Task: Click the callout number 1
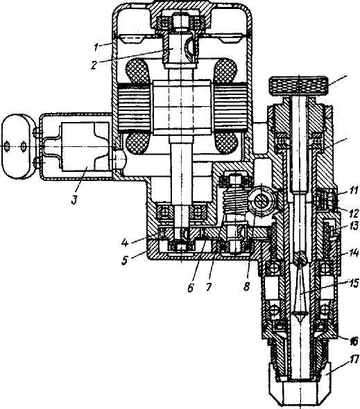pos(96,47)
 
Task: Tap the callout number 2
pos(94,65)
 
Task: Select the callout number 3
pos(74,200)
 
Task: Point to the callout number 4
pos(125,243)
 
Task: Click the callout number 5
pos(125,260)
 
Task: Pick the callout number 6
pos(190,288)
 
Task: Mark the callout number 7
pos(208,287)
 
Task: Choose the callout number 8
pos(246,286)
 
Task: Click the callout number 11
pos(353,191)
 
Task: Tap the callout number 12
pos(354,214)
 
